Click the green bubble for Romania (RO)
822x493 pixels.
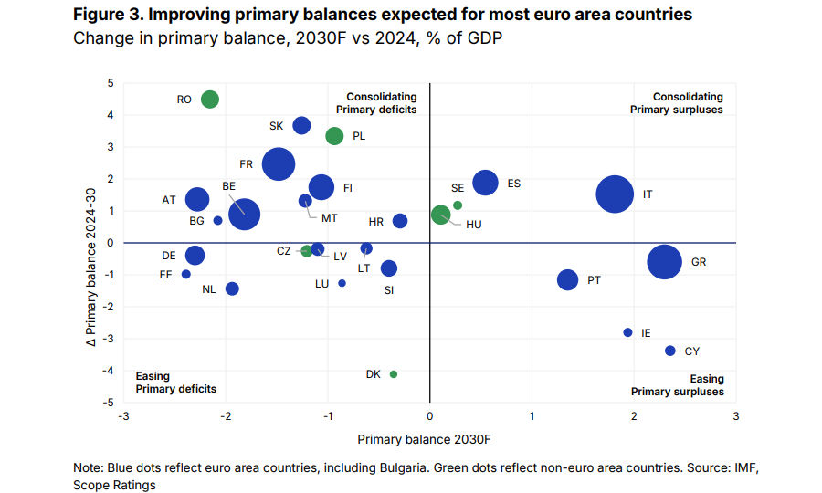210,100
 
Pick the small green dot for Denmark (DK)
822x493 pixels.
394,373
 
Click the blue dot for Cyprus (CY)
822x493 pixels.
670,351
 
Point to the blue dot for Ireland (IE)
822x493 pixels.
627,332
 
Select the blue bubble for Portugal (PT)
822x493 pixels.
568,280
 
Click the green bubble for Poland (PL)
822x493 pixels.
334,136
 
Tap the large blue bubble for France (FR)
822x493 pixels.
279,164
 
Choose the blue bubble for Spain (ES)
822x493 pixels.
485,183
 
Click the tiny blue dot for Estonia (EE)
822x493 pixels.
186,274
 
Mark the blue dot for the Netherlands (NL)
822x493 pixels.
232,288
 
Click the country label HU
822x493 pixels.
473,225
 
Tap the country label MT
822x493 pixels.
330,217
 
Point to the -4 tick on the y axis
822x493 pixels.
110,371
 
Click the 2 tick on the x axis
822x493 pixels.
633,417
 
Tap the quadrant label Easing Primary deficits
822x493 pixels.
175,383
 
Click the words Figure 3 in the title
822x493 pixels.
105,15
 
